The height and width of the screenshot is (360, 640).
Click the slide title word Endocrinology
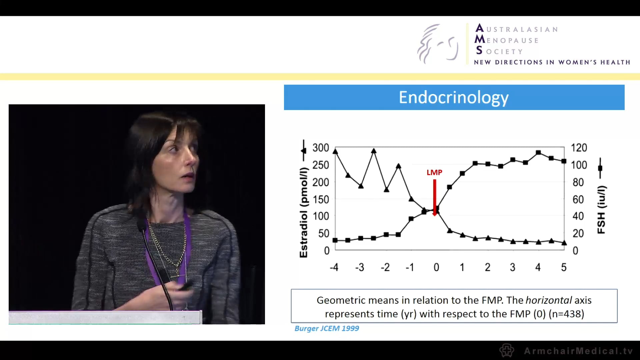[x=454, y=97]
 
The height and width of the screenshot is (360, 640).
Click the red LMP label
[x=434, y=172]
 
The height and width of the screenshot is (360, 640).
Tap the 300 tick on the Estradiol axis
[x=321, y=148]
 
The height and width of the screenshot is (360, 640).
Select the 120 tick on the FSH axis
[x=579, y=148]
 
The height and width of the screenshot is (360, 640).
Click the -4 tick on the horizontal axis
[x=334, y=267]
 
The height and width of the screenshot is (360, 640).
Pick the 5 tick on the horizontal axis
[x=564, y=267]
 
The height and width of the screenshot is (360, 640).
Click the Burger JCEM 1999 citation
[x=327, y=328]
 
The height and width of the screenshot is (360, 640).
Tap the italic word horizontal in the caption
[x=549, y=300]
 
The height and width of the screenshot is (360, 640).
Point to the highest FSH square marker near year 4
[x=538, y=153]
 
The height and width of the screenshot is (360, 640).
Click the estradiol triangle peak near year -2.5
[x=374, y=151]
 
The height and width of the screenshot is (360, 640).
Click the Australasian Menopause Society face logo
[x=438, y=44]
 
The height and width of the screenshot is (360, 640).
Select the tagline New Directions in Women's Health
[x=552, y=62]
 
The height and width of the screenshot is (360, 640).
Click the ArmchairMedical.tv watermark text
[x=578, y=351]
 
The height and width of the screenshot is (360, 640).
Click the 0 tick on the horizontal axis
[x=436, y=267]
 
